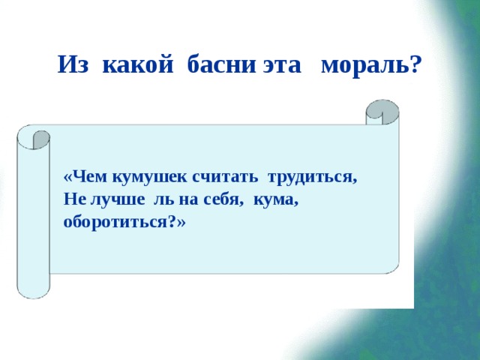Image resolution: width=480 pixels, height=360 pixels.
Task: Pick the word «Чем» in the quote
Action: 83,177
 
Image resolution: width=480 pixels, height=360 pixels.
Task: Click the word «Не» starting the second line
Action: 73,200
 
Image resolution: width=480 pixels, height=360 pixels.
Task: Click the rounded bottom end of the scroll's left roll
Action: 33,289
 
